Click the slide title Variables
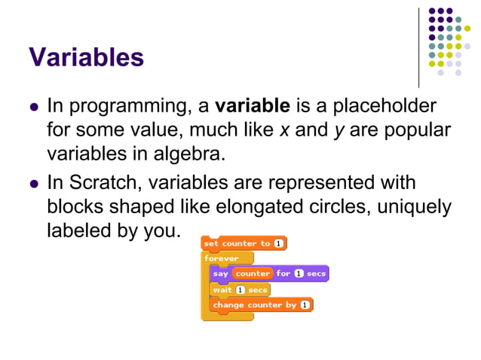pyautogui.click(x=86, y=57)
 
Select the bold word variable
pyautogui.click(x=253, y=105)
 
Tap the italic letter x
pyautogui.click(x=284, y=130)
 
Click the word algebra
pyautogui.click(x=190, y=155)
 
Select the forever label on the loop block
pyautogui.click(x=222, y=258)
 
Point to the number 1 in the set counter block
pyautogui.click(x=278, y=243)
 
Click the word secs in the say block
pyautogui.click(x=316, y=273)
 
